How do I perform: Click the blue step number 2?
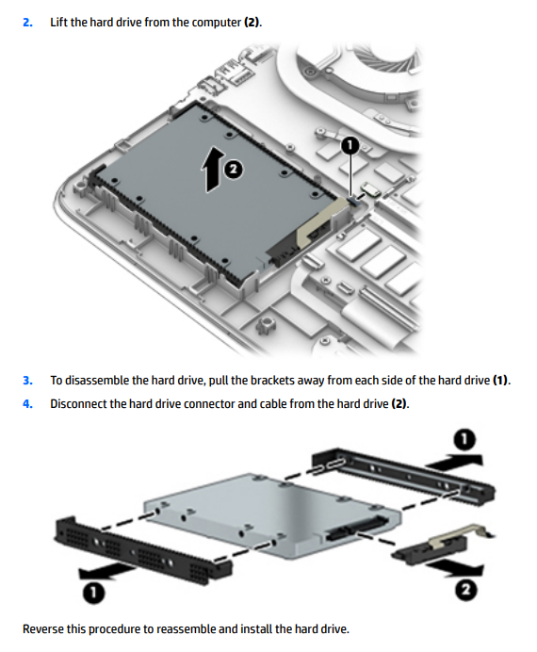point(27,22)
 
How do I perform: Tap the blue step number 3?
point(27,381)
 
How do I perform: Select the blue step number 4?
point(27,404)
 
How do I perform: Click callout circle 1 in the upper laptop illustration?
point(350,145)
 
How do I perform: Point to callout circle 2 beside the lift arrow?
point(234,169)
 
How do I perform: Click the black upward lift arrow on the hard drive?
point(213,170)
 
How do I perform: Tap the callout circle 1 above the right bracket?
point(464,439)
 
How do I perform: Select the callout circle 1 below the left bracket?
point(93,592)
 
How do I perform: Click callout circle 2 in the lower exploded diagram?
point(465,589)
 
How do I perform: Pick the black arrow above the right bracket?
point(454,461)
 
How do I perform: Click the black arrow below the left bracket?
point(106,572)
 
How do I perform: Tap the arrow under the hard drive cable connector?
point(454,568)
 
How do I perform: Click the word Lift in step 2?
point(58,22)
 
